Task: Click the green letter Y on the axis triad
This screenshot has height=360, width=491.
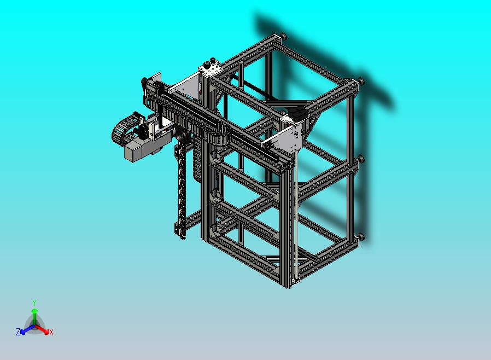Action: point(34,303)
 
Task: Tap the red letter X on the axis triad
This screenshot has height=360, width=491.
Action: point(51,332)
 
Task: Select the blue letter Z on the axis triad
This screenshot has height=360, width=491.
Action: point(18,332)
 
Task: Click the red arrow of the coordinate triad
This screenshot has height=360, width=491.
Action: point(43,330)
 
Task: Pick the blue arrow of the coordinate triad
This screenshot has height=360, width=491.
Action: point(25,330)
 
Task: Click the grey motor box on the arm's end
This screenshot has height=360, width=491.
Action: point(137,149)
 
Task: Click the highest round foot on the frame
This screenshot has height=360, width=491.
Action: point(284,37)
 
